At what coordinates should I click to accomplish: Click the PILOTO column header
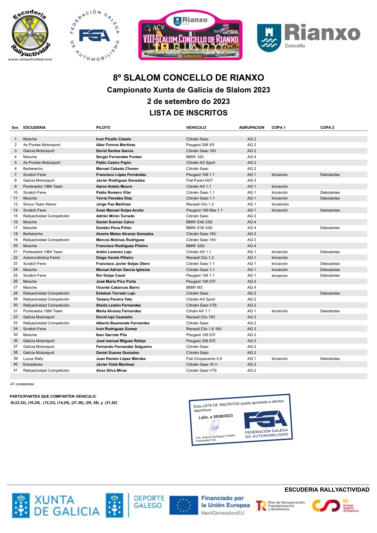tap(103, 127)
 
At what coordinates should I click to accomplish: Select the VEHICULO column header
tap(196, 127)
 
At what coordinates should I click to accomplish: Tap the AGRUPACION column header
tap(252, 127)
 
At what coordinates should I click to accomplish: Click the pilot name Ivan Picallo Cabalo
tap(113, 139)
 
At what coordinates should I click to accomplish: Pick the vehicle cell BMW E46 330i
tap(199, 222)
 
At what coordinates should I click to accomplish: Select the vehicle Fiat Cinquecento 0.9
tap(204, 359)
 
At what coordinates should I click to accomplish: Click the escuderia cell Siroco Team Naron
tap(40, 204)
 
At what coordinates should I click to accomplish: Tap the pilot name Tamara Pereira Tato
tap(114, 299)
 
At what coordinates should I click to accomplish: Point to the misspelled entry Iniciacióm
tap(280, 204)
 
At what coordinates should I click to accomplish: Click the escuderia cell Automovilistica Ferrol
tap(41, 258)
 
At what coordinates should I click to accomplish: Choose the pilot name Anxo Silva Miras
tap(111, 370)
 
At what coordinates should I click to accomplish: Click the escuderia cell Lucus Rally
tap(33, 359)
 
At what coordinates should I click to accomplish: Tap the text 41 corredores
tap(22, 384)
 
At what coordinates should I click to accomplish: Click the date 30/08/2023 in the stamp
tap(223, 416)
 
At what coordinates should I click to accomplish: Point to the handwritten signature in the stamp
tap(214, 427)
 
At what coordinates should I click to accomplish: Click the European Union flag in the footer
tap(184, 505)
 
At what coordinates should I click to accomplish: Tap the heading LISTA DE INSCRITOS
tap(188, 113)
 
